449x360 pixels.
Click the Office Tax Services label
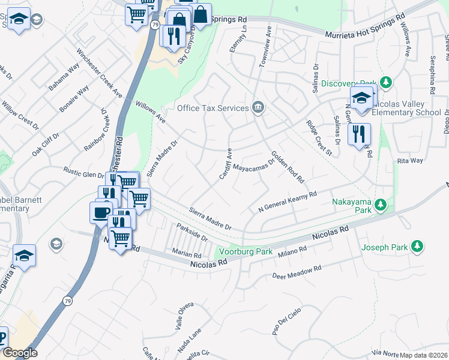coord(212,108)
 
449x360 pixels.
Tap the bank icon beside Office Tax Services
coord(258,108)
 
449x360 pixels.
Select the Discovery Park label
coord(348,83)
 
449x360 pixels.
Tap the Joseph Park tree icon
coord(416,246)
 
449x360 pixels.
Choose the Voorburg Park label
coord(246,251)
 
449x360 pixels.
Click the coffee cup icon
coord(100,212)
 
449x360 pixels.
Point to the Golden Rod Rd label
coord(288,167)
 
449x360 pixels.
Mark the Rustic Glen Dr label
coord(85,175)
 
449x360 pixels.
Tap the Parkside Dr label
coord(191,232)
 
